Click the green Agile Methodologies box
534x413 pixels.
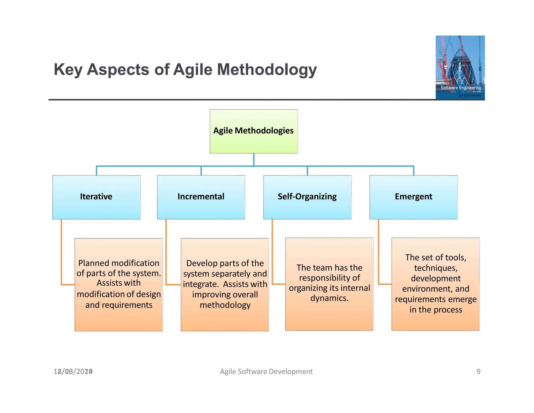[x=253, y=131]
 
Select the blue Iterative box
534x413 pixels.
[x=96, y=197]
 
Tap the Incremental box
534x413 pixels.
[x=201, y=197]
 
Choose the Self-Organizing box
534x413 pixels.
[x=307, y=197]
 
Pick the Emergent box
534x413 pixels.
[x=413, y=197]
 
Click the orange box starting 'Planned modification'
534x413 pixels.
[x=119, y=284]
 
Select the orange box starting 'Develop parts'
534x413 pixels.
[x=225, y=284]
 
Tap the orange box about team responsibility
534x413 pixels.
[x=329, y=284]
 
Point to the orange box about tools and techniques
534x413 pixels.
[x=435, y=284]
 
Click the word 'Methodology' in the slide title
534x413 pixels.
[x=266, y=70]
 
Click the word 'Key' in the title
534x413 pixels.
[x=68, y=70]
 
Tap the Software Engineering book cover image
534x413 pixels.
[x=460, y=67]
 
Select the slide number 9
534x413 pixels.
[x=478, y=371]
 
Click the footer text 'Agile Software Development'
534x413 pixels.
[x=266, y=371]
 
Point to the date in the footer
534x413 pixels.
[x=73, y=371]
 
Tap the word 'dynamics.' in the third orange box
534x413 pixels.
[x=329, y=298]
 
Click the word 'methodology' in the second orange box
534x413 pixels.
[x=225, y=305]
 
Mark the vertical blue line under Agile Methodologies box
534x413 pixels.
[x=254, y=160]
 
